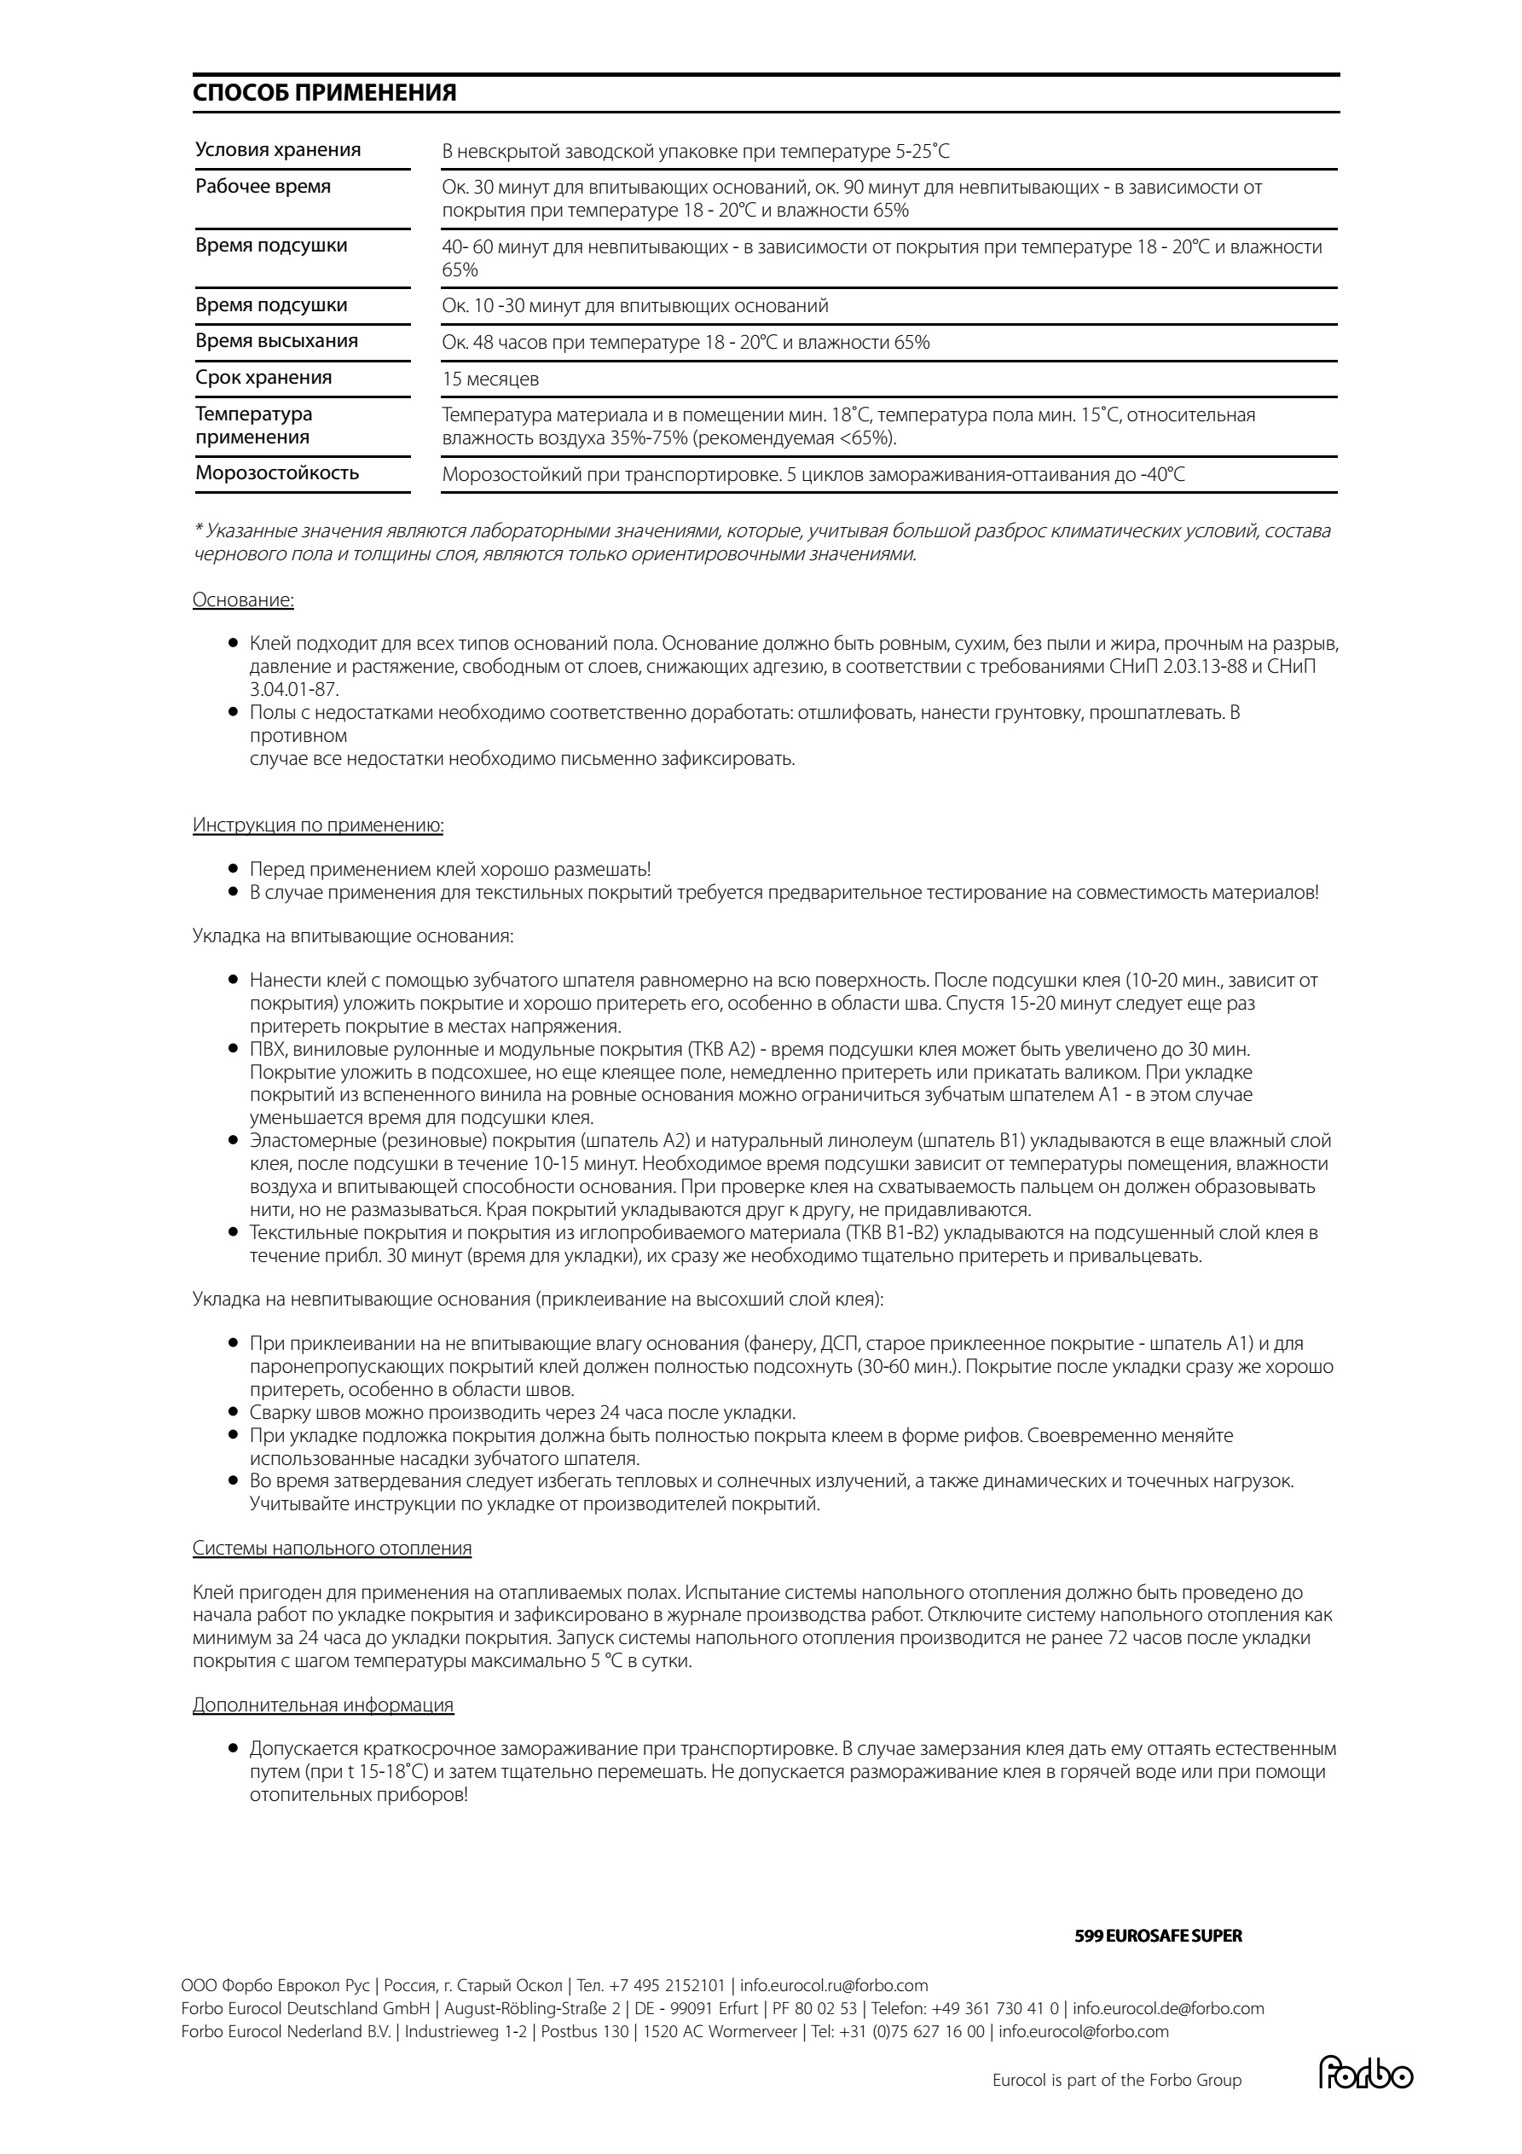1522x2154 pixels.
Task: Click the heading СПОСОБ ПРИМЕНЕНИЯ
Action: click(325, 93)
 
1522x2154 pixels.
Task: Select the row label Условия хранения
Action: click(278, 150)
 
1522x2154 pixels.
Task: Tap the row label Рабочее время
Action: click(263, 187)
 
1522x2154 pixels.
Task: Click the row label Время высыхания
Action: click(277, 340)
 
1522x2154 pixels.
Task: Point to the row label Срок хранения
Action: click(263, 377)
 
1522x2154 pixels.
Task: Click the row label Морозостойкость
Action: click(277, 472)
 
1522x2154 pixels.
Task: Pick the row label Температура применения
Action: click(254, 425)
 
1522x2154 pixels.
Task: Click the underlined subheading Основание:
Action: click(243, 599)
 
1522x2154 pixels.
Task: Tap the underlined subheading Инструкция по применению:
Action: click(318, 825)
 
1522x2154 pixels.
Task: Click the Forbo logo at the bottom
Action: click(1365, 2072)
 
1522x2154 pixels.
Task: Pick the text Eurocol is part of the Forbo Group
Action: click(1117, 2080)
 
